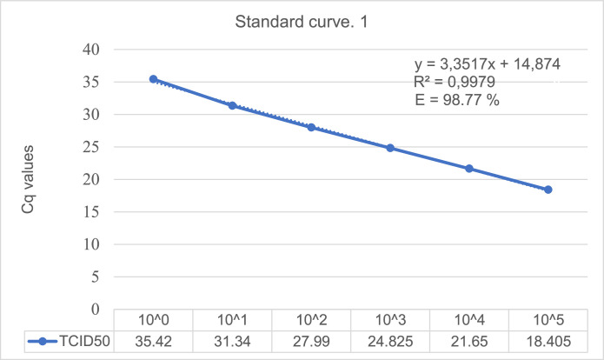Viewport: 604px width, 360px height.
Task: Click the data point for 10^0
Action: coord(153,79)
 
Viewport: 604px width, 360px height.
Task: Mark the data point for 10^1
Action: coord(232,105)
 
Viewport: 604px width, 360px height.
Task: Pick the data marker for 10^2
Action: coord(311,127)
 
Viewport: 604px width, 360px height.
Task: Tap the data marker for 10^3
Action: coord(390,148)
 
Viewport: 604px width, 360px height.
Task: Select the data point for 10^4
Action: coord(469,169)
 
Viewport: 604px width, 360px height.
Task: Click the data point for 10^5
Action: coord(548,190)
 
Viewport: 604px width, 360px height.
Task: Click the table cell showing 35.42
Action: coord(153,341)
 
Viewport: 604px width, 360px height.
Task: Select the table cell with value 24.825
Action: coord(390,341)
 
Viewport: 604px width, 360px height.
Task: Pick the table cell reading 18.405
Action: coord(548,341)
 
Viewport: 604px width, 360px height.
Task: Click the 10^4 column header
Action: coord(469,320)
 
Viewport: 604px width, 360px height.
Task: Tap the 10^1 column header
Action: coord(232,320)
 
